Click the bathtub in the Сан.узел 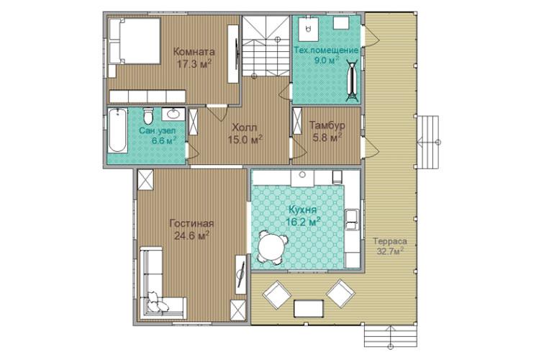coord(117,130)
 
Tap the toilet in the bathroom coord(148,116)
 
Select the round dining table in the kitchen coord(272,247)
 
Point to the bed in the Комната coord(135,41)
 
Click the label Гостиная coord(191,224)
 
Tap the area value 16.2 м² coord(302,222)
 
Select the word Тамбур coord(327,125)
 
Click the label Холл coord(244,127)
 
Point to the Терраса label coord(390,241)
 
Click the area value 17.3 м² coord(194,64)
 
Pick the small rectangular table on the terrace coord(309,308)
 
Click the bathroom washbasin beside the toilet coord(173,114)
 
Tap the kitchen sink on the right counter coord(352,220)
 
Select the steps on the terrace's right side coord(428,143)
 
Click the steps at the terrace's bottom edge coord(390,336)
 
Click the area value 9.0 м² coord(327,60)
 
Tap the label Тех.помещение coord(326,50)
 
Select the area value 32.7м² coord(390,251)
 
